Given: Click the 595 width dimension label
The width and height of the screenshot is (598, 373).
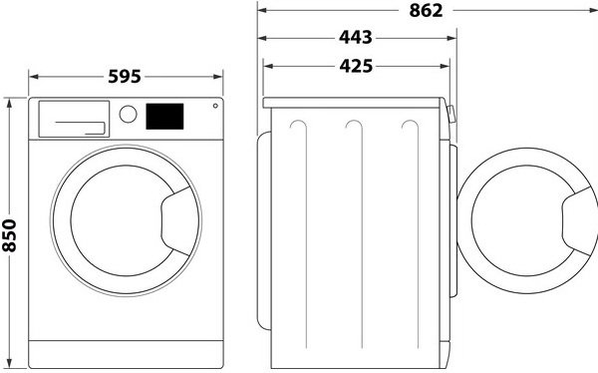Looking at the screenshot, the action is click(x=125, y=77).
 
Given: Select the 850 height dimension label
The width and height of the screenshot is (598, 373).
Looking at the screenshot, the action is click(x=9, y=235).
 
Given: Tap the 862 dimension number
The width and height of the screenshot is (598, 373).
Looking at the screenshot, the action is click(x=426, y=11).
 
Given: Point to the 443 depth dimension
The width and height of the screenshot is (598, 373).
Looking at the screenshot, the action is click(x=356, y=38).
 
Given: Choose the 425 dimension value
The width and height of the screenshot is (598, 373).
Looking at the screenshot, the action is click(x=356, y=66).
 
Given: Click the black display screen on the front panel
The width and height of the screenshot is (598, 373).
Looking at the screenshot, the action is click(x=164, y=117).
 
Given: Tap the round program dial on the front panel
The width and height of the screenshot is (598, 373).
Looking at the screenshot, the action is click(x=128, y=114).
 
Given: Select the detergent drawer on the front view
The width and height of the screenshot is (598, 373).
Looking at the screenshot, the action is click(x=74, y=119).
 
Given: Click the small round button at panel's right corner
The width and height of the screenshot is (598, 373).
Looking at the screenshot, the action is click(x=215, y=106).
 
